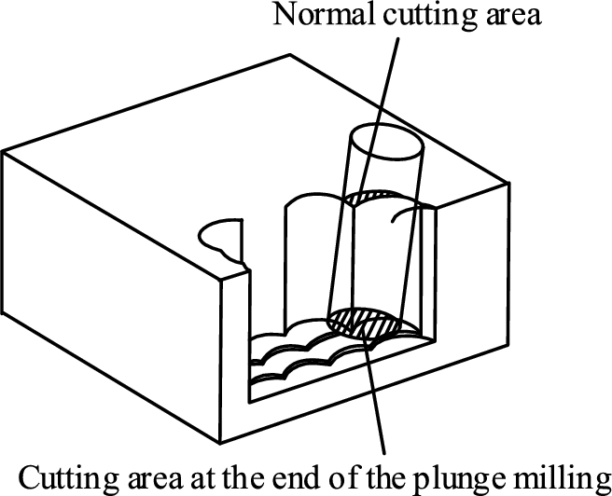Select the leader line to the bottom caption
375,392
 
